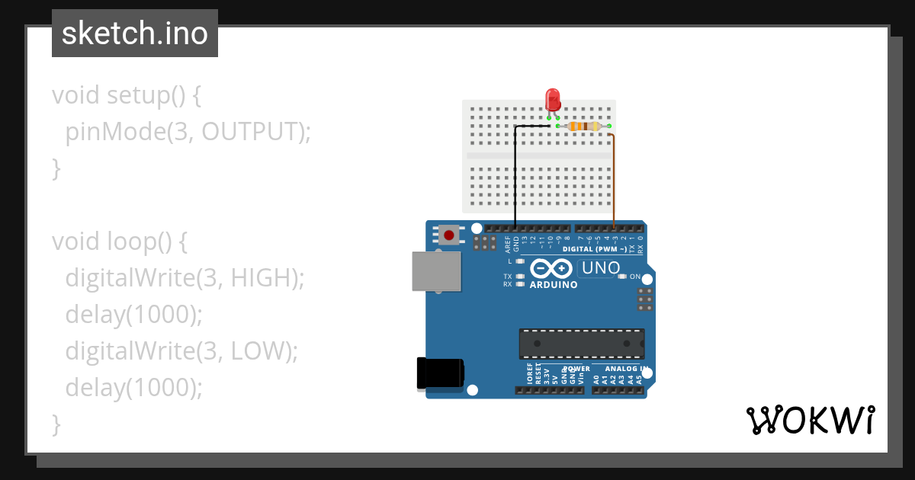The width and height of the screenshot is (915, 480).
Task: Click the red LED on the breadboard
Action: click(x=553, y=100)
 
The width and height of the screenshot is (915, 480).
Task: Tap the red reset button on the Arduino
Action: click(x=449, y=235)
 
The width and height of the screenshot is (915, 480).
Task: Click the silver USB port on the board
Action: click(x=436, y=271)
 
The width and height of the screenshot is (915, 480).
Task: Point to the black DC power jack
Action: click(x=439, y=373)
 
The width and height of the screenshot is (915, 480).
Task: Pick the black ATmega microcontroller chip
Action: click(x=581, y=344)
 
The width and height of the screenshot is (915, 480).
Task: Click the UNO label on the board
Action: click(x=599, y=268)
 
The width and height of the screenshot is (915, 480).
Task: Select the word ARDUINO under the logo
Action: click(x=553, y=285)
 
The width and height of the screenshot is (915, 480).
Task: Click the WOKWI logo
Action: click(x=810, y=420)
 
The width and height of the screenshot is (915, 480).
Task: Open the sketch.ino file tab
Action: click(x=135, y=34)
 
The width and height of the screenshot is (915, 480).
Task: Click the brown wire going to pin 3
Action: click(x=615, y=183)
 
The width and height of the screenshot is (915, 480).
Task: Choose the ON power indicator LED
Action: click(x=622, y=276)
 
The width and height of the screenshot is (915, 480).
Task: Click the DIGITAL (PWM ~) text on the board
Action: click(x=595, y=249)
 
